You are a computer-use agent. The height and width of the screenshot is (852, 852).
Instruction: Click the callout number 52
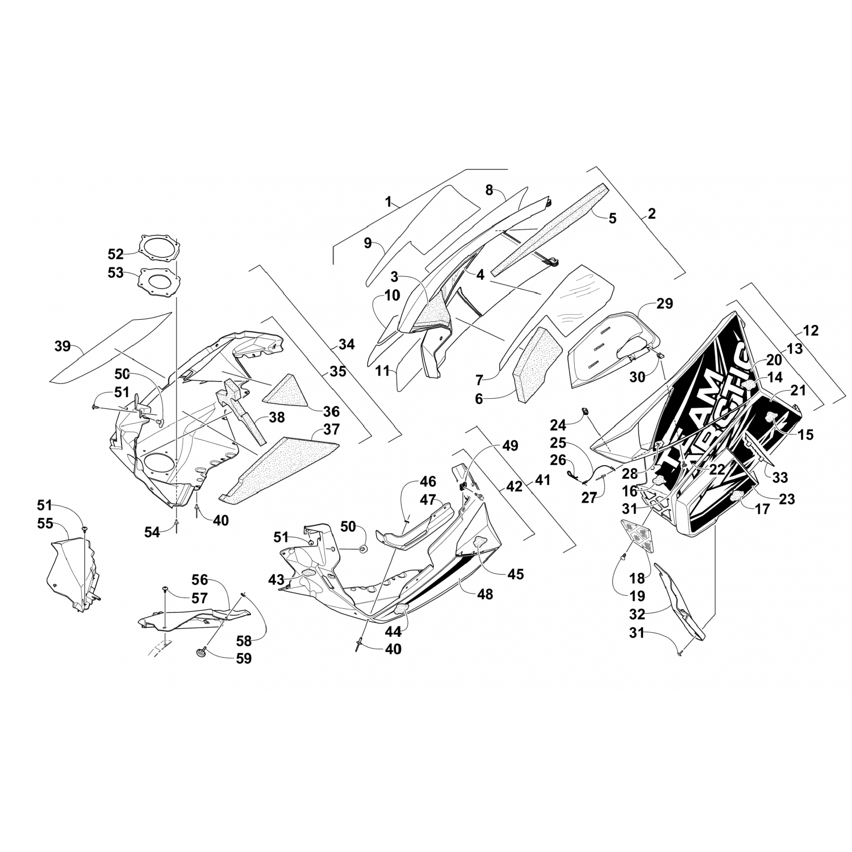pyautogui.click(x=115, y=253)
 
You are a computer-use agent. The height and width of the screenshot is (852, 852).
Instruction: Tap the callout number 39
pyautogui.click(x=64, y=346)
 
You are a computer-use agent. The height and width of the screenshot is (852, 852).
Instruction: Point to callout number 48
pyautogui.click(x=485, y=594)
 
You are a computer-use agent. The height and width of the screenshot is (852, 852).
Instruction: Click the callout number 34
pyautogui.click(x=346, y=344)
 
